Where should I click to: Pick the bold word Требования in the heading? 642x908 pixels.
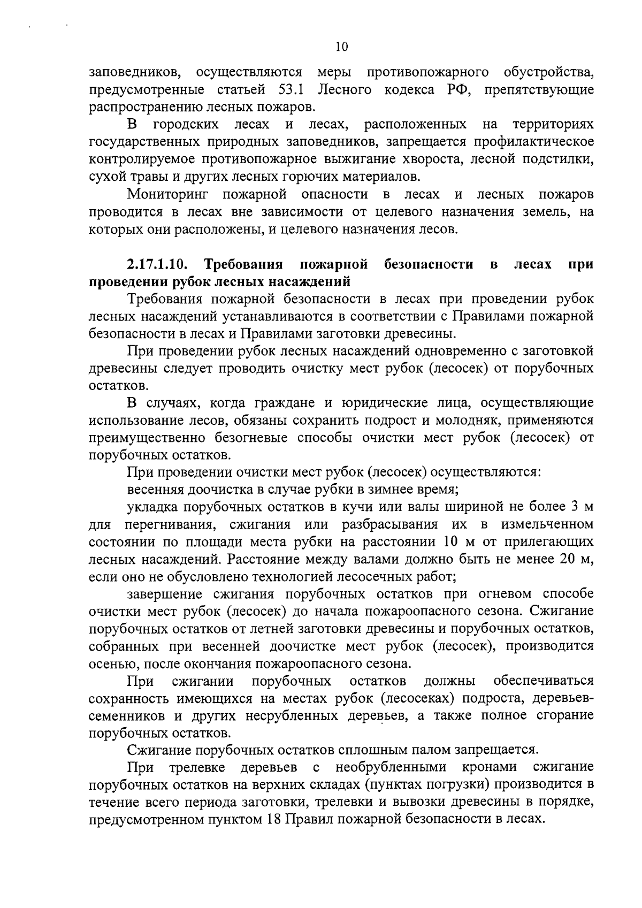(x=244, y=264)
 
